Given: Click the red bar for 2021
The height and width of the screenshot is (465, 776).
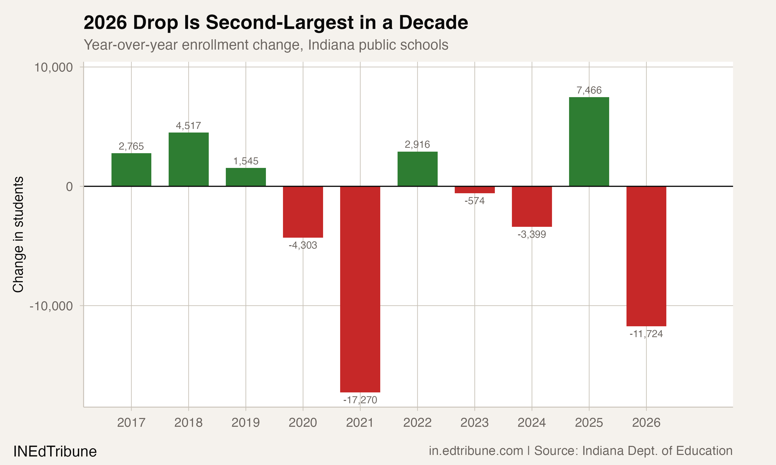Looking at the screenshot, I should (360, 289).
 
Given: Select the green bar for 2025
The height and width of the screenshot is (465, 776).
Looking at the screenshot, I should (589, 142).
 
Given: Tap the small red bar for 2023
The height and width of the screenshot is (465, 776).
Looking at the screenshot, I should (475, 190).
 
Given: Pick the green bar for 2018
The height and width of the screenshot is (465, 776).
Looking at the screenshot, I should (189, 159).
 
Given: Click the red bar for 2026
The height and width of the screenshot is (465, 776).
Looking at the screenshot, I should (646, 256).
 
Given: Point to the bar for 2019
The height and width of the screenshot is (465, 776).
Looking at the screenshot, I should (245, 177).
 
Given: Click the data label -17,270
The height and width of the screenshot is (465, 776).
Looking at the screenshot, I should (360, 400).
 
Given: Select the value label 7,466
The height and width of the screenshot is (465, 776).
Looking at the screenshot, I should (589, 90).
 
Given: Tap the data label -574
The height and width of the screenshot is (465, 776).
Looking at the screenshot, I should (475, 201).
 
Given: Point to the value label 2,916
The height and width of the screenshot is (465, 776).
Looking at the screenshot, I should (417, 144).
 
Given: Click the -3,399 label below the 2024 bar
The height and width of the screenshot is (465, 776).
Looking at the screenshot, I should (532, 234).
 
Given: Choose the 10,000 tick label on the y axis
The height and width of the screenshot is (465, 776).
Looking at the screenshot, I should (53, 67).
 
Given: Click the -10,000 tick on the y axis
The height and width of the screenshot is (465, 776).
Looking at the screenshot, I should (51, 306).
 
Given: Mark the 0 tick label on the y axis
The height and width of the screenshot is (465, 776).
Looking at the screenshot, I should (69, 187).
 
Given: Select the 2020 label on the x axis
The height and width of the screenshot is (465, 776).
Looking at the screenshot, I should (303, 423).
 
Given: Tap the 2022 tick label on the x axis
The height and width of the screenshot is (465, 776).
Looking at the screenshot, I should (417, 423).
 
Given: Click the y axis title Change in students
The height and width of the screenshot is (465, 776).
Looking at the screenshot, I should (18, 234).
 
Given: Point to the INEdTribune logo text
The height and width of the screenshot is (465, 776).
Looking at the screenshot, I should (55, 452).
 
